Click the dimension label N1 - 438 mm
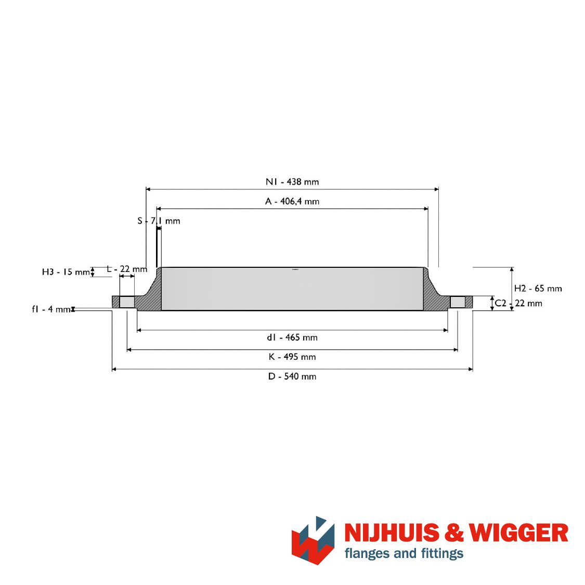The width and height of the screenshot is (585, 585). (x=292, y=181)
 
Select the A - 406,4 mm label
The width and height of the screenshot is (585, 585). (x=292, y=201)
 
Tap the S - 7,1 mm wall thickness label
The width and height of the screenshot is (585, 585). (x=159, y=221)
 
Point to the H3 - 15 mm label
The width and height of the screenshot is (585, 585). (x=66, y=271)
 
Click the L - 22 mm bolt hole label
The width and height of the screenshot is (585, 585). (x=127, y=269)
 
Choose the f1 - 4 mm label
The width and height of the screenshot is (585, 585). (x=51, y=309)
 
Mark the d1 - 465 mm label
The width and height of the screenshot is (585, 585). (x=292, y=337)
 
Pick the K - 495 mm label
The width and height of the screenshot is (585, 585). (x=292, y=357)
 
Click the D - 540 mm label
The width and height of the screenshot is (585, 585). (x=292, y=376)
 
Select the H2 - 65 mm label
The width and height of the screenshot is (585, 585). (x=538, y=289)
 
